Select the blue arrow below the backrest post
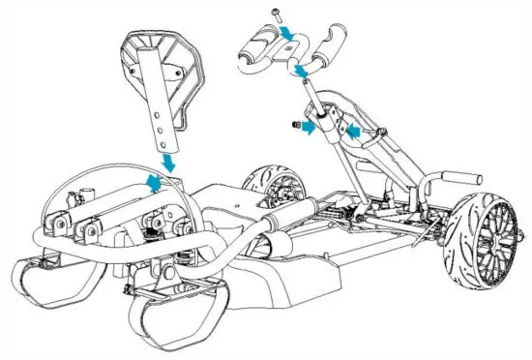[x=170, y=160]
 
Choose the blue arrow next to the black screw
[x=306, y=127]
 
